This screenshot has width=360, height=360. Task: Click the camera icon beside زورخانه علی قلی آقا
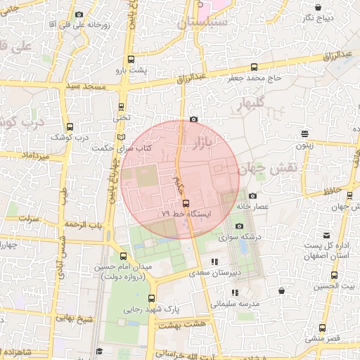[x=79, y=14]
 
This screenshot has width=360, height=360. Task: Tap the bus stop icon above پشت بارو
[x=125, y=59]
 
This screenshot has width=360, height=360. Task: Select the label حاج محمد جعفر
[x=254, y=78]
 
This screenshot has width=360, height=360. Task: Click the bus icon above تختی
[x=122, y=108]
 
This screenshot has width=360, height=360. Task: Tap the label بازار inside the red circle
[x=202, y=144]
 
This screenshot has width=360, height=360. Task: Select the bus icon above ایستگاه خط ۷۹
[x=186, y=202]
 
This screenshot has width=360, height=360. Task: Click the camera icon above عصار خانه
[x=252, y=195]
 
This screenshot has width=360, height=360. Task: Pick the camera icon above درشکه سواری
[x=239, y=226]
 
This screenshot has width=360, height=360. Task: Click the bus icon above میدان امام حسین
[x=124, y=256]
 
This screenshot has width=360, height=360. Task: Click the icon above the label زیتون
[x=304, y=133]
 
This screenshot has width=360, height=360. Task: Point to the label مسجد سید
[x=85, y=86]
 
